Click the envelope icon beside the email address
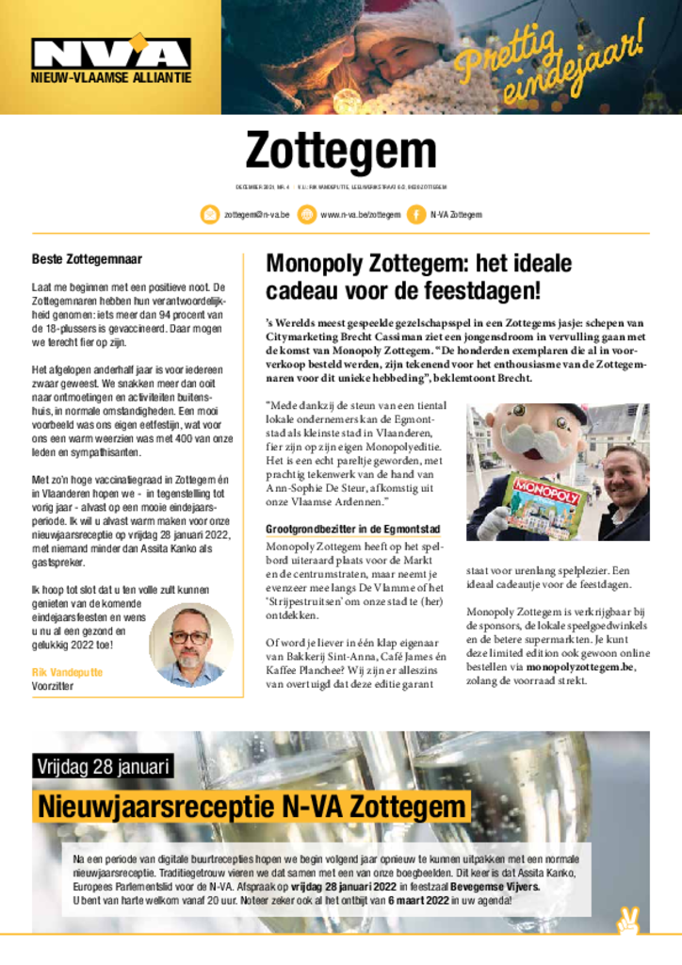210,215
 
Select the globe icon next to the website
306,215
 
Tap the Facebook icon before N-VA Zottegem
415,215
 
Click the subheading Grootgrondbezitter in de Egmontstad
352,530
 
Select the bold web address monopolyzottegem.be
580,666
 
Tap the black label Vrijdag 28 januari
103,766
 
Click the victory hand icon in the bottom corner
625,924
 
